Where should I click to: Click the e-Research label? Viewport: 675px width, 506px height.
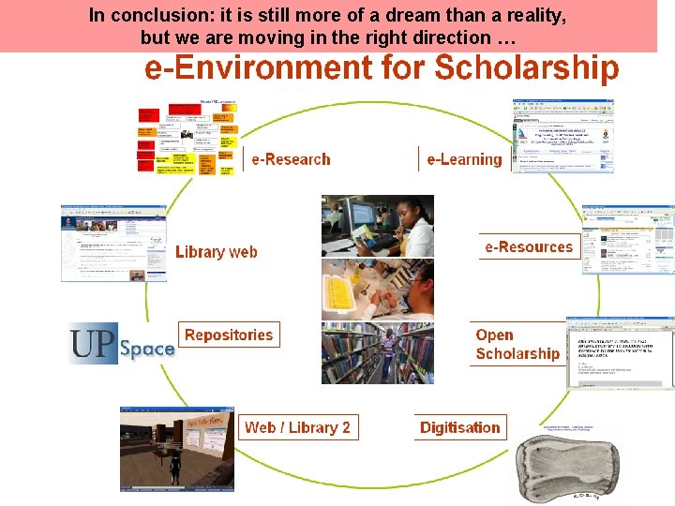pos(291,159)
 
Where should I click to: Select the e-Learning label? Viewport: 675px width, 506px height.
pos(464,159)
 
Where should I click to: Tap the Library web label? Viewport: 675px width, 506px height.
pos(216,251)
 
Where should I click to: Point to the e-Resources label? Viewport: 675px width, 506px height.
pos(528,247)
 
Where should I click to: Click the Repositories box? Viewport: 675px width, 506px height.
pos(229,335)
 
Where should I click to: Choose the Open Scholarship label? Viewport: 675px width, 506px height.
pos(517,345)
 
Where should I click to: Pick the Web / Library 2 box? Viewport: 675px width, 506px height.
pos(297,427)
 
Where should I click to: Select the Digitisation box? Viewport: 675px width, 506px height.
pos(460,427)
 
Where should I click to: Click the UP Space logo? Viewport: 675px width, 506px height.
pos(122,344)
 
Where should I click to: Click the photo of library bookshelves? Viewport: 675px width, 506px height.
pos(377,353)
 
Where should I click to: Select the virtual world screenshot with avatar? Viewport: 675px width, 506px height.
pos(175,449)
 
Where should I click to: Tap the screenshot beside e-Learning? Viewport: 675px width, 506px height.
pos(562,136)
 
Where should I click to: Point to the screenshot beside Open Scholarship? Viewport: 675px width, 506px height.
pos(620,353)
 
